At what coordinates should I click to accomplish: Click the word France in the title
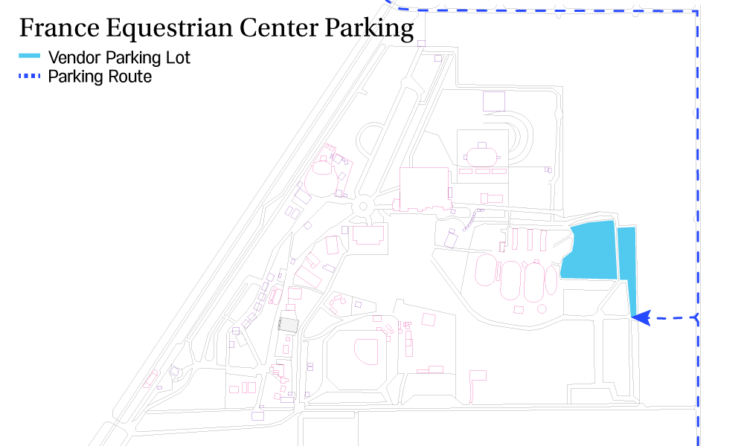tap(60, 28)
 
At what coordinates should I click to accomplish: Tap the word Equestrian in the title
tap(170, 28)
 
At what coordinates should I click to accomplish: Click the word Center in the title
tap(279, 28)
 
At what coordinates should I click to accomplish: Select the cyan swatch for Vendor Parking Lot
tap(30, 56)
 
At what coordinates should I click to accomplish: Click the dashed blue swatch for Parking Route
tap(30, 76)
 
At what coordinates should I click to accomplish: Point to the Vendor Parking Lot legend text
tap(119, 58)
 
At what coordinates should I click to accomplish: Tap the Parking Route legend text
tap(100, 77)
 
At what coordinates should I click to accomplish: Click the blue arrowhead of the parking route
tap(641, 317)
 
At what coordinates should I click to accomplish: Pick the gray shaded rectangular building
tap(288, 325)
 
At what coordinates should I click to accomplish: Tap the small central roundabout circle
tap(363, 206)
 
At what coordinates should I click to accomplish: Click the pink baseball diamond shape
tap(366, 351)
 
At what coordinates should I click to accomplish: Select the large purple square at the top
tap(494, 101)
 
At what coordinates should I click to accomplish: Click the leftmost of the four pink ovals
tap(486, 270)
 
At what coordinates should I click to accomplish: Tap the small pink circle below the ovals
tap(542, 309)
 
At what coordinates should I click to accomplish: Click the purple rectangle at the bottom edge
tap(257, 416)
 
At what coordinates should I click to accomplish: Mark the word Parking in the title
tap(369, 28)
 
